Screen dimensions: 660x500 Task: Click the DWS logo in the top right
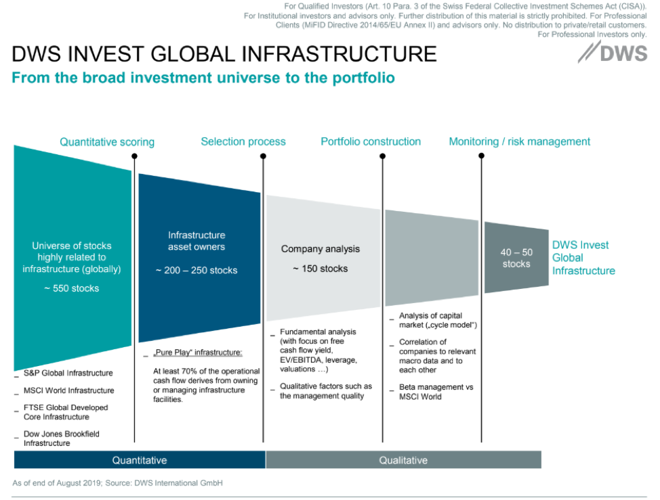(x=613, y=53)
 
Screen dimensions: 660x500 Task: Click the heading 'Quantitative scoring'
(x=107, y=142)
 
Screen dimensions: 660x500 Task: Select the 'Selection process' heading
(x=243, y=141)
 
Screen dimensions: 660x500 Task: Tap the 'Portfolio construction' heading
(x=371, y=141)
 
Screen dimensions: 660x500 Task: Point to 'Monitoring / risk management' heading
(x=520, y=141)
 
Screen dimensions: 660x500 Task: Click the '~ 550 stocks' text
(x=72, y=288)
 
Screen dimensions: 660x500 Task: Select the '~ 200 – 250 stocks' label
(x=197, y=270)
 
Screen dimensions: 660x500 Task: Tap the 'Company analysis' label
(x=321, y=249)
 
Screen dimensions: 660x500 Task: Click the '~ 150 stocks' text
(x=321, y=269)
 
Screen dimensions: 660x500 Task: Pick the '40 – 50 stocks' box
(x=516, y=258)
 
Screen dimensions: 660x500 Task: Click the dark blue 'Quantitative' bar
(x=140, y=460)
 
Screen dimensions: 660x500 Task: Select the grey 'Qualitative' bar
(x=403, y=460)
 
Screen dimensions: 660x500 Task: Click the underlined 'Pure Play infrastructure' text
(x=197, y=353)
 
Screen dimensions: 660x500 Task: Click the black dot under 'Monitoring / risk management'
(x=482, y=156)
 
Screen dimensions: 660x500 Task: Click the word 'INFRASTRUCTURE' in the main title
(x=339, y=54)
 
